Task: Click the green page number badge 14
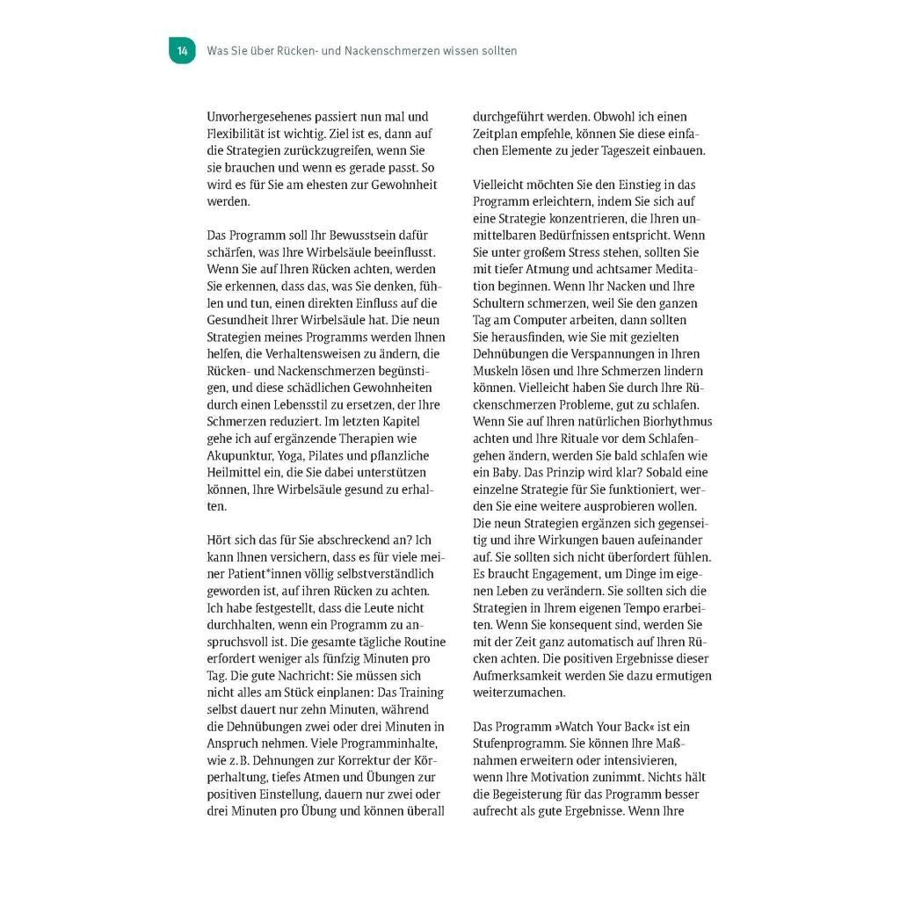[182, 51]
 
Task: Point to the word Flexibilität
[237, 134]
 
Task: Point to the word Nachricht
[287, 676]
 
